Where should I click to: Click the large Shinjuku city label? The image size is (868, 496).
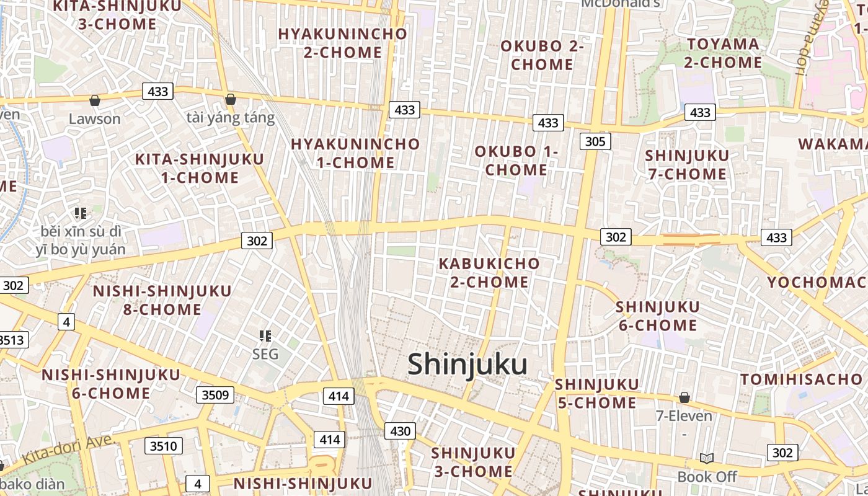467,365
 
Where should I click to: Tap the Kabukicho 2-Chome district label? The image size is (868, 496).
489,273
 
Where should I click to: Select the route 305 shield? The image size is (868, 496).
595,141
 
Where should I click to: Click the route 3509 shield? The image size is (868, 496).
215,395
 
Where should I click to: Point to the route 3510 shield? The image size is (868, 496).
164,446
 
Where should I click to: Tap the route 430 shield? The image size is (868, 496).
400,431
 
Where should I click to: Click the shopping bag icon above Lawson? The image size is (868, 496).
95,100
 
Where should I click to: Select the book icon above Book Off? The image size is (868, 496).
706,458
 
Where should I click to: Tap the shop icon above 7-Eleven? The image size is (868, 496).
684,397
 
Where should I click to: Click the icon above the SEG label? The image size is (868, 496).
265,337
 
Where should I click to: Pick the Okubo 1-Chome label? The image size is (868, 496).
516,161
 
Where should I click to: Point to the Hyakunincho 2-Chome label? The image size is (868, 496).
342,43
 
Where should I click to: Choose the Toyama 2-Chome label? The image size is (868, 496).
723,53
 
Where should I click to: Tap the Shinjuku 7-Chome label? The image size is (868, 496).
687,164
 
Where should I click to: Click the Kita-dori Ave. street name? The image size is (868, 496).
69,450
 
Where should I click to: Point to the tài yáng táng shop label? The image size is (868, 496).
230,118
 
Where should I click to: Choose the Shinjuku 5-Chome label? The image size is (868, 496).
596,394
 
